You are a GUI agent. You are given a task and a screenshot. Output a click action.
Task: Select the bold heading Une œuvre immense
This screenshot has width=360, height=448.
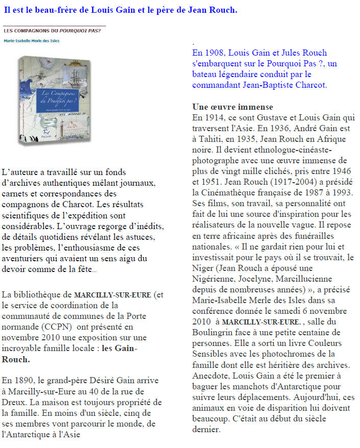click(x=233, y=107)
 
